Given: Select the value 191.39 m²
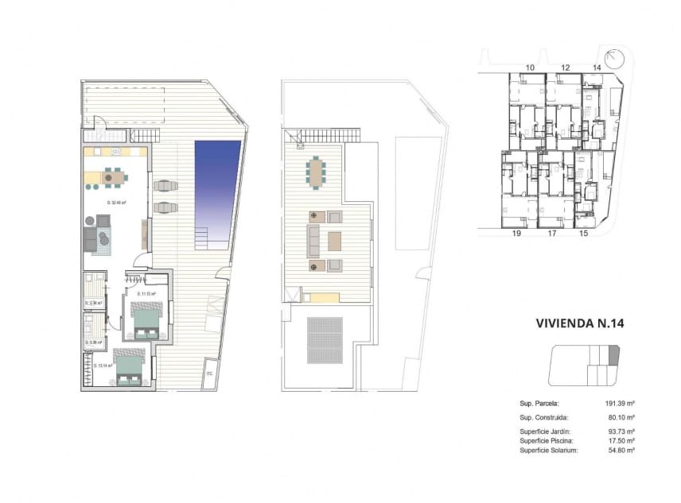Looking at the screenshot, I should click(619, 404).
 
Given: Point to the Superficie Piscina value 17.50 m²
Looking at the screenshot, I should click(620, 440).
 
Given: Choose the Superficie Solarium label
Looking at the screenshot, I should click(548, 450).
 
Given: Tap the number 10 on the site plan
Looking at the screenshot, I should click(530, 68).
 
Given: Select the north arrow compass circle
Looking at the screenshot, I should click(613, 59).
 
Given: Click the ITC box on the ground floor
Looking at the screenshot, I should click(210, 373).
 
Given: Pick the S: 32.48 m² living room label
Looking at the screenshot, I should click(117, 202).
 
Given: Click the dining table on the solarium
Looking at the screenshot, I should click(317, 172).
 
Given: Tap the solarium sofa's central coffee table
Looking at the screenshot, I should click(334, 240).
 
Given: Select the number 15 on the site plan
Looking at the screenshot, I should click(583, 234).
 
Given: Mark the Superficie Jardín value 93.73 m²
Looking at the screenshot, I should click(620, 431).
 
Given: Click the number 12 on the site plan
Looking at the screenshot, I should click(566, 68).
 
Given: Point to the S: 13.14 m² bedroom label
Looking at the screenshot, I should click(103, 366).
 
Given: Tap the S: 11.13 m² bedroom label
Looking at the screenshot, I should click(146, 294).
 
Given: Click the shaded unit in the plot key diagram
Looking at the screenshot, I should click(613, 355).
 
